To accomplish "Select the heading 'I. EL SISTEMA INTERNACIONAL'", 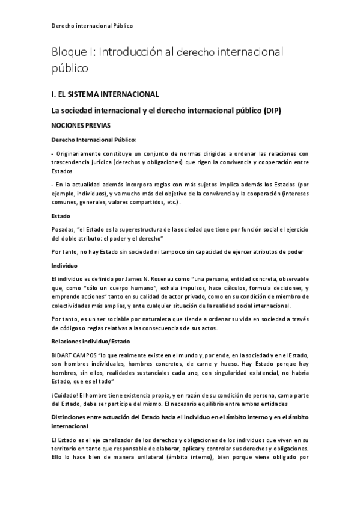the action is [x=105, y=94].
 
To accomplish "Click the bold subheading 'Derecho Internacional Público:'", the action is [x=94, y=140].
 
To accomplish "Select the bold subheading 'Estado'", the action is [x=61, y=215].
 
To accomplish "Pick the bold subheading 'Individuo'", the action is [x=65, y=264].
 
